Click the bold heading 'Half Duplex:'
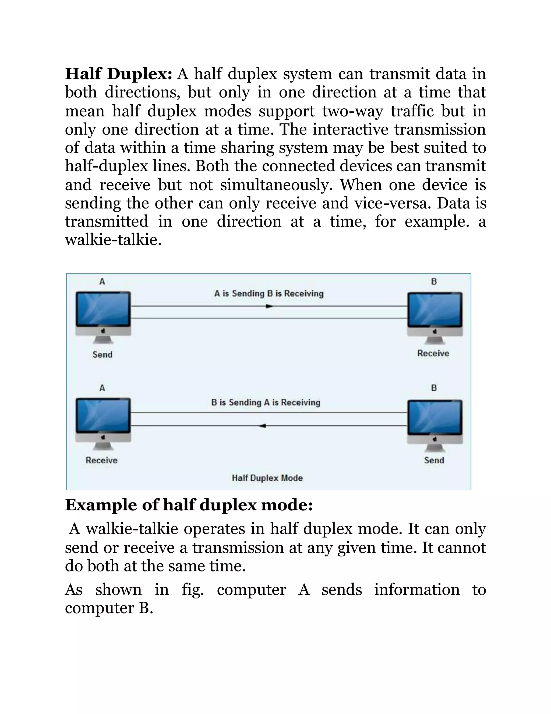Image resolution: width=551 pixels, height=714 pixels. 118,74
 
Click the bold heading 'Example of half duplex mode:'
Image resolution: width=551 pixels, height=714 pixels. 189,505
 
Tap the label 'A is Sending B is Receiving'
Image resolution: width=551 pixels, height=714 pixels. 269,294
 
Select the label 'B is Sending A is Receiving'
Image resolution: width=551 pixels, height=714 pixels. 266,403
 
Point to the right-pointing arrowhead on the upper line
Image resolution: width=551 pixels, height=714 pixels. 269,306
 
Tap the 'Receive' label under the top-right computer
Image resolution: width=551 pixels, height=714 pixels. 433,353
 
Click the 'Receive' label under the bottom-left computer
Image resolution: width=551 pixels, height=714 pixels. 101,460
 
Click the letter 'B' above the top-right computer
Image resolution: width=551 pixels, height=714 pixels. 434,282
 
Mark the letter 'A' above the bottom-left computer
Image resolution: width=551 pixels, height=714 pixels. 102,388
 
